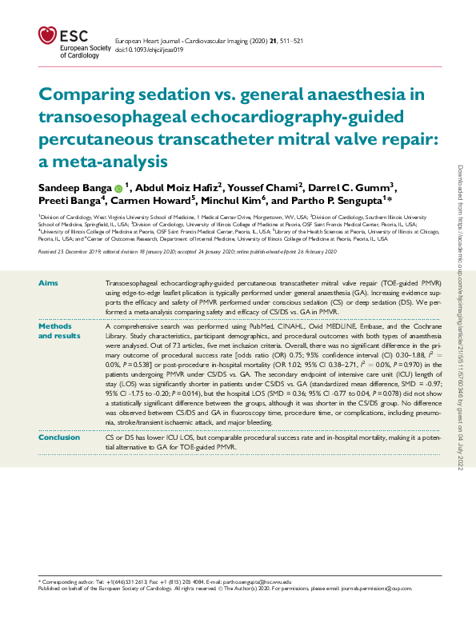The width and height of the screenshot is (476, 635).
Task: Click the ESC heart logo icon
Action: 47,36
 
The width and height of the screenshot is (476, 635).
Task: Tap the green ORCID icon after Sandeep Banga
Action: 118,187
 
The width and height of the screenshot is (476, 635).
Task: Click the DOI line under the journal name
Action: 150,49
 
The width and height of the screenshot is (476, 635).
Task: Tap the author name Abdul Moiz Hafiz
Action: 179,186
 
